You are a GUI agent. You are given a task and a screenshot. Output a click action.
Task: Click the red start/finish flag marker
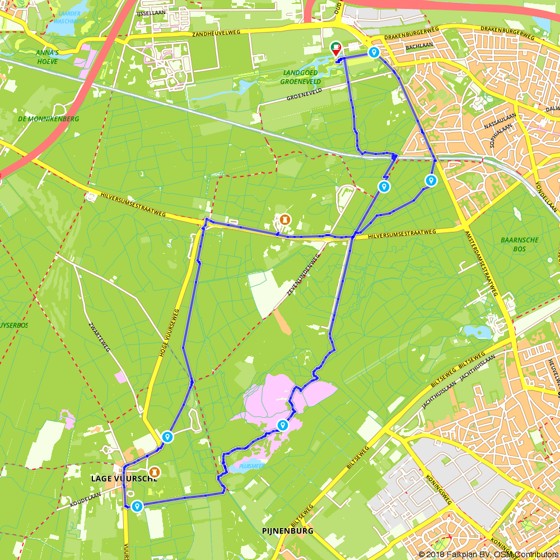(x=336, y=49)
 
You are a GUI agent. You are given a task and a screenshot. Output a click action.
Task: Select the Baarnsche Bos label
(x=520, y=244)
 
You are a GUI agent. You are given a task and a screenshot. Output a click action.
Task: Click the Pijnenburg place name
(x=287, y=530)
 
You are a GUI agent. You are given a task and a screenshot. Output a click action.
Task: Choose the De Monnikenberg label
(x=49, y=119)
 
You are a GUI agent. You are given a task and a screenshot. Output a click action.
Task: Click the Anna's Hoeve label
(x=47, y=57)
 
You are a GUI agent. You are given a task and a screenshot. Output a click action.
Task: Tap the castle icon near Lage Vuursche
(x=153, y=472)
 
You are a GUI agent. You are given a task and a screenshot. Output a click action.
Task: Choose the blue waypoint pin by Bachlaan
(x=374, y=53)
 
